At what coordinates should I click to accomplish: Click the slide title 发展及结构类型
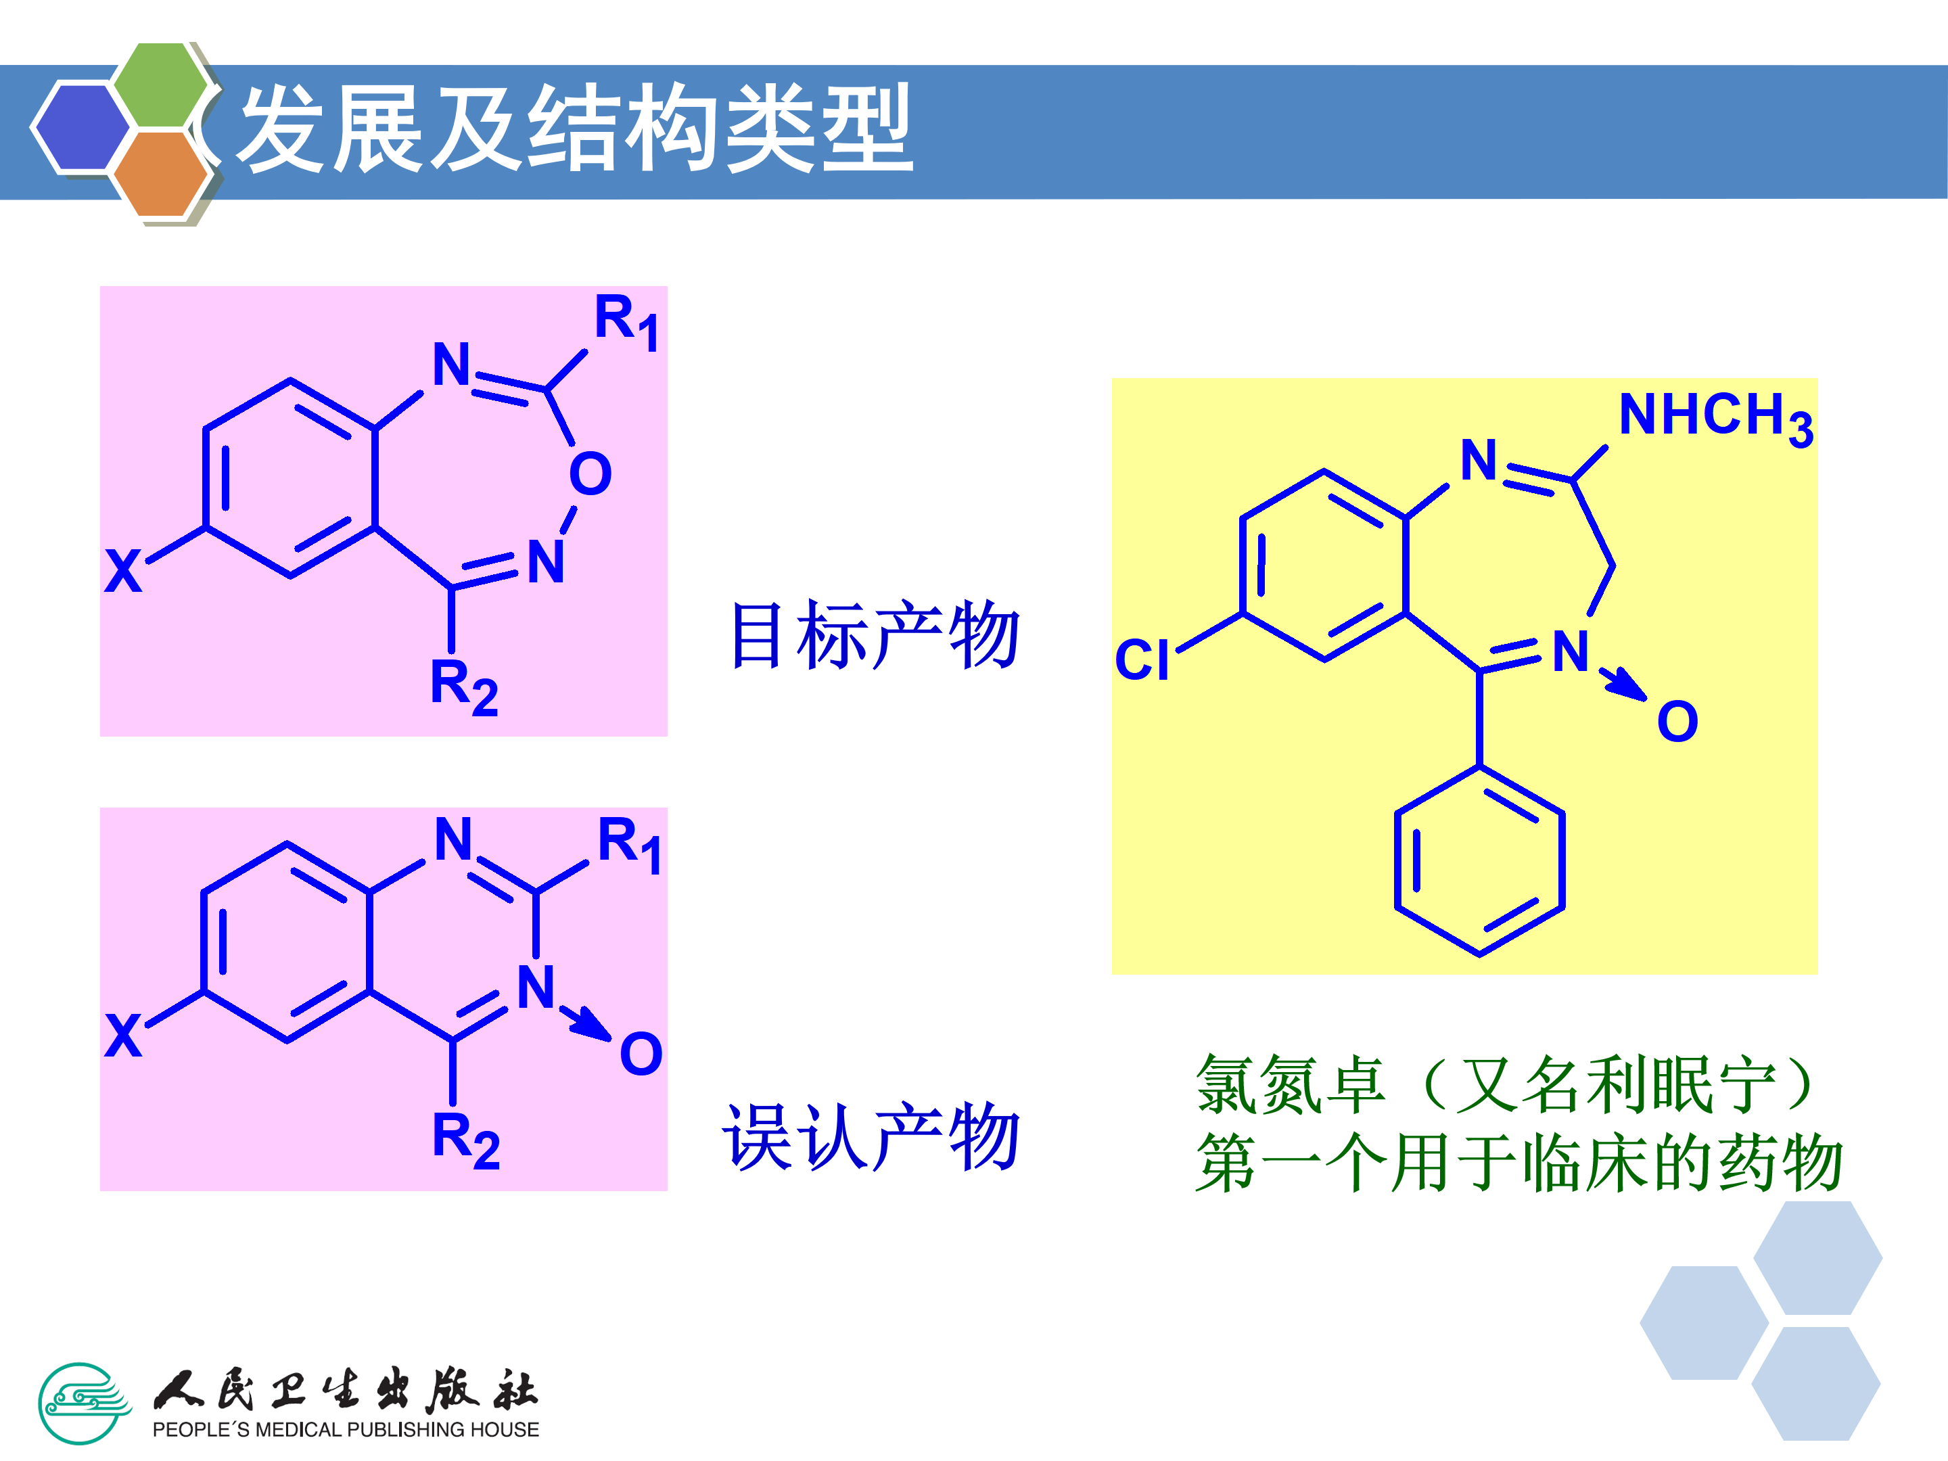(577, 129)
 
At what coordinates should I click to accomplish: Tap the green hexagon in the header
(161, 85)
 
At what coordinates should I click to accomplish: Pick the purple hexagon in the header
(81, 125)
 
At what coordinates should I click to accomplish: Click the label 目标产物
(875, 635)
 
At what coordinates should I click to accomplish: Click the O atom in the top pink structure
(590, 473)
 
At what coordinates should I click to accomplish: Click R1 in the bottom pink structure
(629, 843)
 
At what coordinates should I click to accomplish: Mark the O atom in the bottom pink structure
(641, 1053)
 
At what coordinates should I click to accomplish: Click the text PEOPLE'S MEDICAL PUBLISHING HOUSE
(345, 1429)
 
